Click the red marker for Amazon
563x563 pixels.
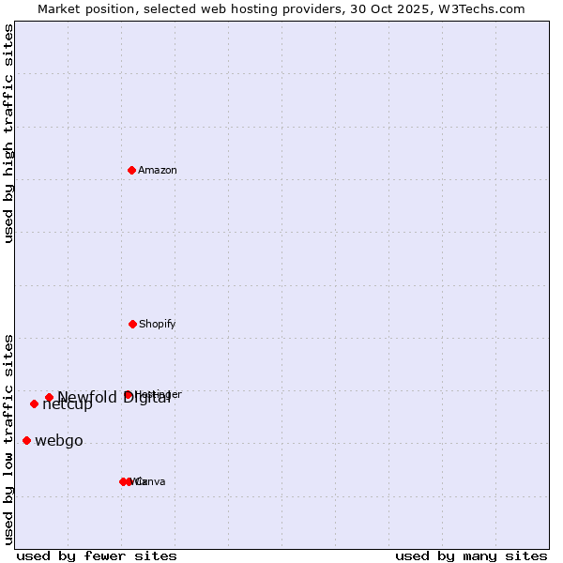click(132, 170)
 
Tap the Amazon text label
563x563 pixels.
click(158, 170)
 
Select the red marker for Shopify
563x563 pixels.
click(132, 324)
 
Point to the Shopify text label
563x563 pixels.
click(158, 324)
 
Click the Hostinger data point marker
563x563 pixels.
click(128, 395)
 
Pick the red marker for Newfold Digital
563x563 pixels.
click(49, 397)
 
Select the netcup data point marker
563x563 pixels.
click(34, 403)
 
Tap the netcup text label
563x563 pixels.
click(68, 405)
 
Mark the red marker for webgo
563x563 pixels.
click(26, 440)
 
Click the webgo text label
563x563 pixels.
click(59, 441)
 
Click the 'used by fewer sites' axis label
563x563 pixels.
click(97, 555)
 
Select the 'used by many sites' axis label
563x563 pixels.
click(471, 555)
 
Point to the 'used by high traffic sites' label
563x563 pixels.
click(8, 133)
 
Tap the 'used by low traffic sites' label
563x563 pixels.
click(8, 439)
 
